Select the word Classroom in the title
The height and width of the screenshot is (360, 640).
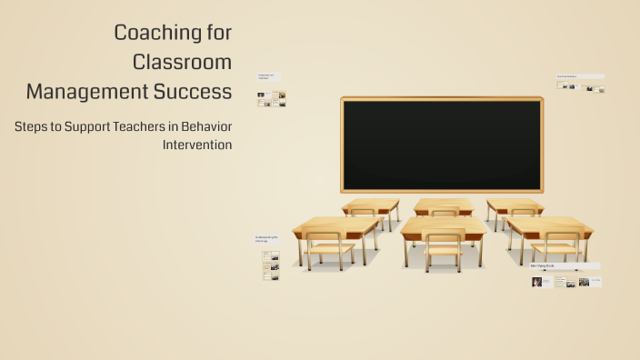(182, 62)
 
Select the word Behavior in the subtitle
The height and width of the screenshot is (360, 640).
(206, 127)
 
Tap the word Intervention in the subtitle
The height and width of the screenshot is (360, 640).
(197, 145)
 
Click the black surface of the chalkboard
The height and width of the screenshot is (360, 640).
(442, 145)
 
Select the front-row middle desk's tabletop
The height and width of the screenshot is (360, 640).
(444, 225)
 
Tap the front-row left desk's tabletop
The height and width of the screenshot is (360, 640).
(336, 225)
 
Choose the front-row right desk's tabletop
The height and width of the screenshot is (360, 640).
(548, 225)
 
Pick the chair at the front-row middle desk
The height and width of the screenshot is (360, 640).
(444, 250)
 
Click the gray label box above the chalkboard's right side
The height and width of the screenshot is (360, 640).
(580, 76)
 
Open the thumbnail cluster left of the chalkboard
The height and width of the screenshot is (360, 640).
(271, 98)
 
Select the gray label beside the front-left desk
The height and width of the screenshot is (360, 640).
(267, 239)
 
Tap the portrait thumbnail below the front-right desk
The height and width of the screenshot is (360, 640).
(537, 282)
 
